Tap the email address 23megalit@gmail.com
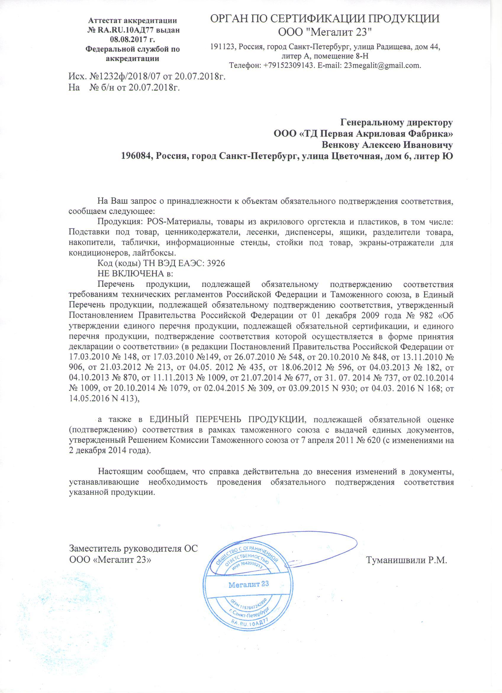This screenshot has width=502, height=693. click(x=382, y=66)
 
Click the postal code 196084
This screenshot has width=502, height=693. click(x=137, y=156)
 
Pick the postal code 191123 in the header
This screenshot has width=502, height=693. click(x=223, y=47)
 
